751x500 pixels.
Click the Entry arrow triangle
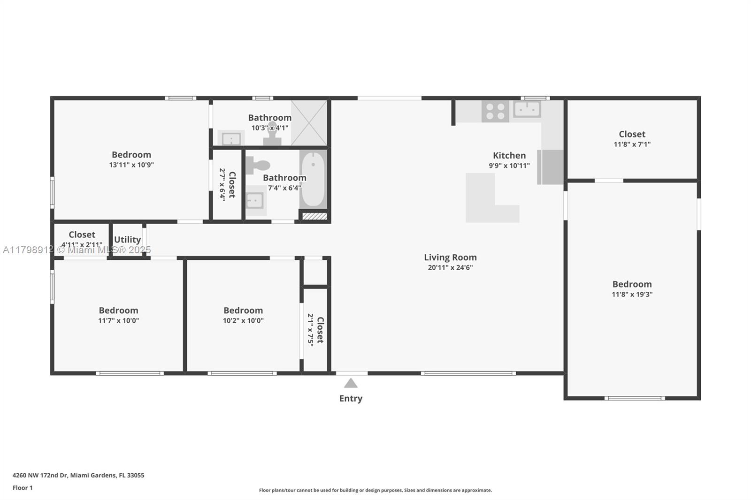tap(351, 383)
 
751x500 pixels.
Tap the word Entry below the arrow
tap(351, 399)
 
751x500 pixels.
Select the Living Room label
tap(450, 258)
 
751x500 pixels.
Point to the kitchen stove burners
tap(495, 112)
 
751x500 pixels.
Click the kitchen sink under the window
tap(527, 109)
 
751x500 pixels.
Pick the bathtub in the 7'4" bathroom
tap(313, 179)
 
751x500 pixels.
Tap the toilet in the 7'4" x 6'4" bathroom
tap(258, 165)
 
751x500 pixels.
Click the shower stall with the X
tap(309, 122)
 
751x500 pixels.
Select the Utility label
tap(127, 240)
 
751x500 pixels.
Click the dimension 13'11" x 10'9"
tap(131, 165)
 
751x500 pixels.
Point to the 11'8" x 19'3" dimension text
tap(632, 294)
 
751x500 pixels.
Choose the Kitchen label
tap(509, 156)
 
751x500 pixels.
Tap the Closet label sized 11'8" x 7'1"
tap(632, 134)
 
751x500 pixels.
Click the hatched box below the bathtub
tap(314, 216)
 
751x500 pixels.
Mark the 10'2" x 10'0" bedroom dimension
tap(244, 320)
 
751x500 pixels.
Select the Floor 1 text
tap(23, 488)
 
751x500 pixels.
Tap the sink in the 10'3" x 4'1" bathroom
tap(231, 138)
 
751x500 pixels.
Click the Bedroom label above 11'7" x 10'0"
tap(119, 311)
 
